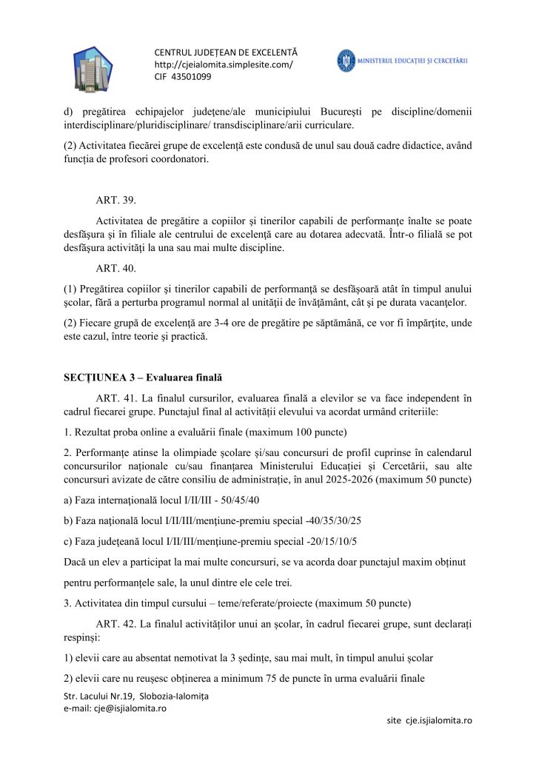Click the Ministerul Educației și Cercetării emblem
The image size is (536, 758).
coord(346,60)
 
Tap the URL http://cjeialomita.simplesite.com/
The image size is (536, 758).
coord(223,64)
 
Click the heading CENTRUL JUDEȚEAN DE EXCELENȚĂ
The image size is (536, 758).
coord(225,53)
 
